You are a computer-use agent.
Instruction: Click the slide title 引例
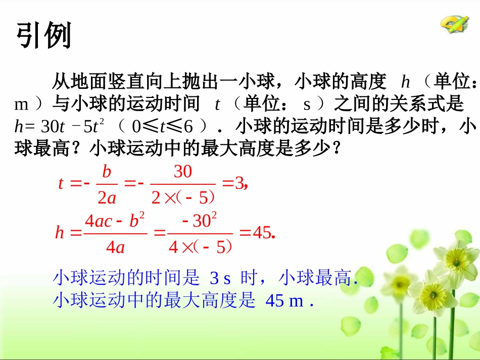44,36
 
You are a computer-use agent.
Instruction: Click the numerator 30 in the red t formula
183,172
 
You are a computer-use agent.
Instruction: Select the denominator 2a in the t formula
107,197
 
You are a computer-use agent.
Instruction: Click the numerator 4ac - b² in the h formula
115,221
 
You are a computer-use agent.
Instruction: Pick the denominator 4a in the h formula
115,247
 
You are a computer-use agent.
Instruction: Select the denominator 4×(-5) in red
200,247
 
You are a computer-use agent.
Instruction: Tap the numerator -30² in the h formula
200,221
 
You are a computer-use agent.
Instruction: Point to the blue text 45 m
284,301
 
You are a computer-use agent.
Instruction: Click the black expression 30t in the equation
48,126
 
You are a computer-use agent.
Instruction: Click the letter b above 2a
107,172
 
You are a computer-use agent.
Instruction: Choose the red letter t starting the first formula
61,183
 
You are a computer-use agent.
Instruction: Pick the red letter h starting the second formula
60,233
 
